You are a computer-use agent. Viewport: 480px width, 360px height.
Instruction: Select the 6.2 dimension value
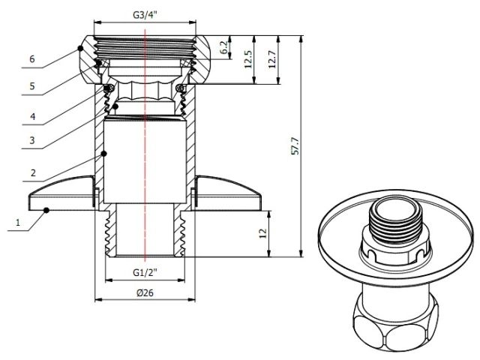(223, 47)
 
